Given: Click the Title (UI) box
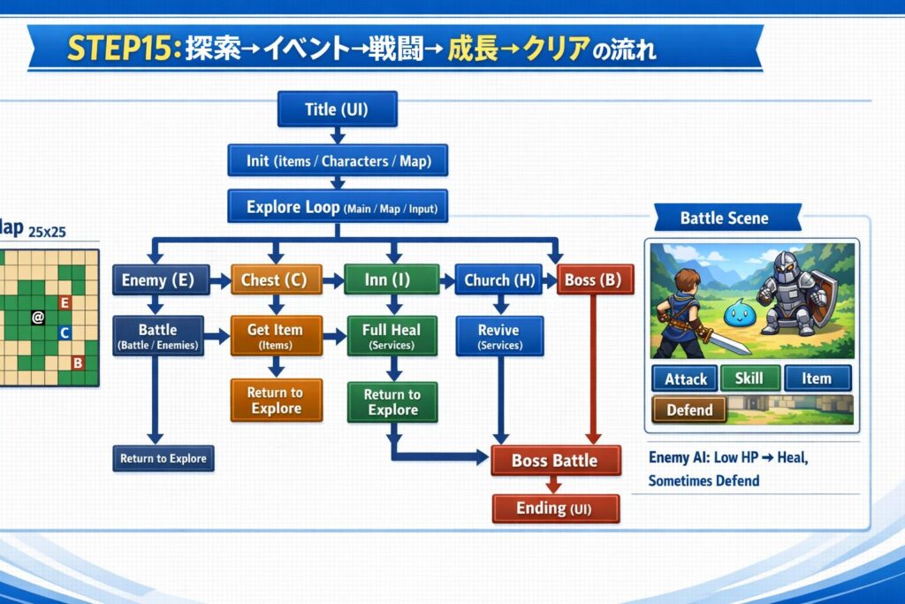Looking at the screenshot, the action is pyautogui.click(x=337, y=109).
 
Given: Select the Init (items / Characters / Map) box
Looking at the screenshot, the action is pyautogui.click(x=338, y=161).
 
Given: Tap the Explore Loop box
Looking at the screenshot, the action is pyautogui.click(x=338, y=207).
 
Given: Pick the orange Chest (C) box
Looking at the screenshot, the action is pyautogui.click(x=277, y=280).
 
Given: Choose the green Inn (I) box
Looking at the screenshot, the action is pyautogui.click(x=392, y=279).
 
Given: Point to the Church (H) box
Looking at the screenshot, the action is pyautogui.click(x=498, y=280).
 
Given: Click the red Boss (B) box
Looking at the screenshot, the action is pyautogui.click(x=595, y=279).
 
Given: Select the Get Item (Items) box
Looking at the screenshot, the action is pyautogui.click(x=277, y=335).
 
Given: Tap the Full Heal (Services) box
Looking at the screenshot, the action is pyautogui.click(x=392, y=335).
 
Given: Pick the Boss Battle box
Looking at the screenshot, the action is pyautogui.click(x=556, y=460).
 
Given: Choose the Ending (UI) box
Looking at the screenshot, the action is pyautogui.click(x=556, y=508).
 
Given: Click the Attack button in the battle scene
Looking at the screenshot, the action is pyautogui.click(x=685, y=378).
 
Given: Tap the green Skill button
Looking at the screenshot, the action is pyautogui.click(x=749, y=378).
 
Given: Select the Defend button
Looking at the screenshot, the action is pyautogui.click(x=689, y=409).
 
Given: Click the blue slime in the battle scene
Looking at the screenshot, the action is pyautogui.click(x=740, y=314).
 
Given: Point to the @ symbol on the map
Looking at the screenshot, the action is pyautogui.click(x=38, y=317).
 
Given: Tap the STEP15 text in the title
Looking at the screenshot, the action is pyautogui.click(x=120, y=49).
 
